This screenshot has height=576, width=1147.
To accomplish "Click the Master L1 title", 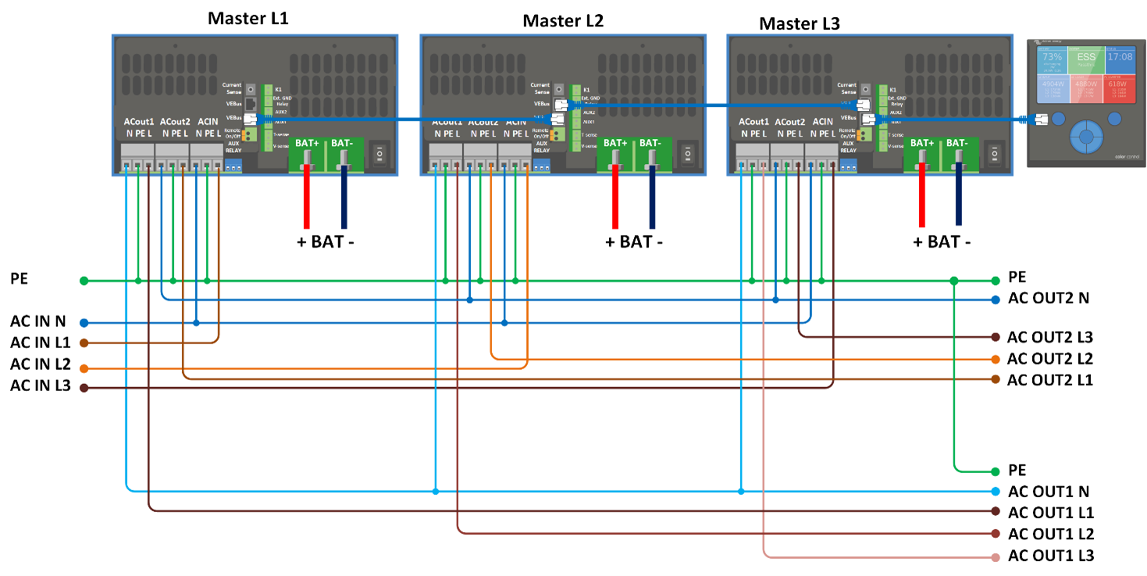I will click(x=248, y=18).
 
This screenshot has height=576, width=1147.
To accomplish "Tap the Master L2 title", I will click(x=563, y=20).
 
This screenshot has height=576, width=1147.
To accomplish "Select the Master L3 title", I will click(x=800, y=23).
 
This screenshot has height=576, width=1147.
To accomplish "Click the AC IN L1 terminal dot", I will click(x=84, y=343).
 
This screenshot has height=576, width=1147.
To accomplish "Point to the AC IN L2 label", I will click(x=41, y=364).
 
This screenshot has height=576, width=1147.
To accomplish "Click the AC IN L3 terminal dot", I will click(x=84, y=388).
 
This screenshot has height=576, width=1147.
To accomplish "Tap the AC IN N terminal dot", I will click(x=84, y=322).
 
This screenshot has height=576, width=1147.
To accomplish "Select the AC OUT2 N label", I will click(x=1049, y=298).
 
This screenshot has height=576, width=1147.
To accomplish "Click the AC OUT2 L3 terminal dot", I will click(x=996, y=337).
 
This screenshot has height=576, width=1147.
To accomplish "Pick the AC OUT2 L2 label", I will click(x=1049, y=359).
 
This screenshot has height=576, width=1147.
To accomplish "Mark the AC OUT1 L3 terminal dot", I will click(x=996, y=557).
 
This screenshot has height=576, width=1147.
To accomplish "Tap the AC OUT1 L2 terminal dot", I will click(x=996, y=534).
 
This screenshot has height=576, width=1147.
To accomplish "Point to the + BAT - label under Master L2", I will click(x=633, y=242).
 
